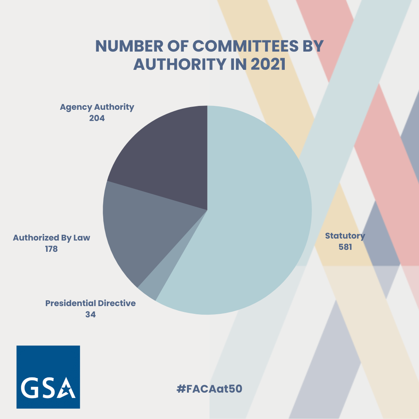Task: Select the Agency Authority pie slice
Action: coord(163,155)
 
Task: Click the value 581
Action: coord(345,247)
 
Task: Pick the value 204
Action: coord(97,118)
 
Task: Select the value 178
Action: coord(51,249)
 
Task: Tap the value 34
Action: coord(90,314)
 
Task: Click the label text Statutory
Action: coord(345,235)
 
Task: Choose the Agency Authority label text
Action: coord(97,107)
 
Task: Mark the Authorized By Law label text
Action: coord(51,238)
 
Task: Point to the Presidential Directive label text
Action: coord(90,303)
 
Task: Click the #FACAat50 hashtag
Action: coord(209,389)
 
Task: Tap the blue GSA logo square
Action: coord(48,377)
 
